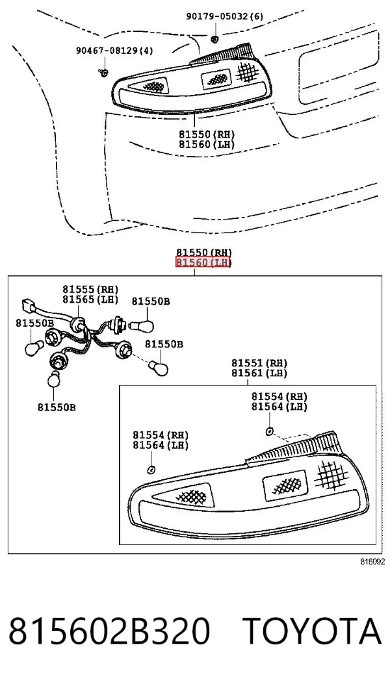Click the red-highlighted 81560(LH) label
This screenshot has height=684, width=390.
(x=203, y=262)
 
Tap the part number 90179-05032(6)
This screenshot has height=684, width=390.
(x=225, y=17)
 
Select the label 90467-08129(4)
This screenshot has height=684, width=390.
(x=115, y=50)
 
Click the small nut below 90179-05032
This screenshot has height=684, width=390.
(x=214, y=39)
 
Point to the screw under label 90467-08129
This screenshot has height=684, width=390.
(x=103, y=72)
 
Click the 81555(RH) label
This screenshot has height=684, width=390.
(x=90, y=289)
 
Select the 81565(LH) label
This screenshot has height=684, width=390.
(x=90, y=299)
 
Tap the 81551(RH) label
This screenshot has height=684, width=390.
(x=259, y=363)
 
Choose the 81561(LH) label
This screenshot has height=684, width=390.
(x=259, y=373)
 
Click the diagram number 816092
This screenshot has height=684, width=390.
(x=372, y=562)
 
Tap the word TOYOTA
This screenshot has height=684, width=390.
(x=312, y=631)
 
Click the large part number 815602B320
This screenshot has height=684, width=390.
(x=110, y=631)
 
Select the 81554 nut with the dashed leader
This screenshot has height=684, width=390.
(x=270, y=431)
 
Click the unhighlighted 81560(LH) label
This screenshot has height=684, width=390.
(x=207, y=144)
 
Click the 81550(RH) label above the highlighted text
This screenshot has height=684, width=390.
(x=204, y=252)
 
